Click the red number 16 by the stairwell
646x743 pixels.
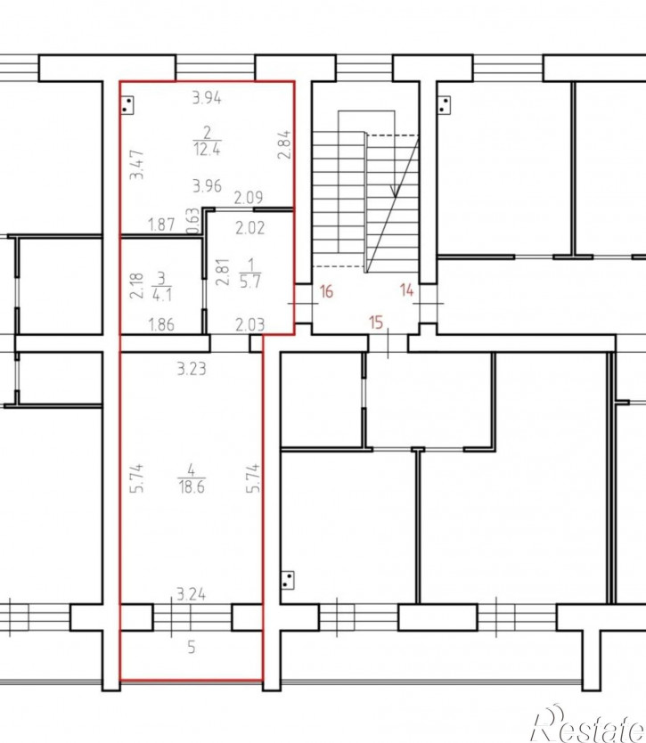coord(326,291)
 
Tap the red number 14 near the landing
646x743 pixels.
coord(406,290)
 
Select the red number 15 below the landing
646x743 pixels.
coord(376,323)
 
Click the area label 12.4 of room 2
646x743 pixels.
coord(207,150)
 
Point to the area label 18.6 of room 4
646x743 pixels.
coord(192,486)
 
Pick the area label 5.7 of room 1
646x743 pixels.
coord(250,282)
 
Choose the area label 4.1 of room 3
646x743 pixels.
coord(162,295)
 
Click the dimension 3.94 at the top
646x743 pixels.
coord(207,98)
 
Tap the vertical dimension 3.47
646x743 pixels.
coord(137,165)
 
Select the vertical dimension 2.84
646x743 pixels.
coord(283,144)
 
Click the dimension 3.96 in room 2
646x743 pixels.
coord(207,185)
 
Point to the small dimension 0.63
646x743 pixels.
coord(192,221)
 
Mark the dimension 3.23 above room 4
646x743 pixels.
coord(192,368)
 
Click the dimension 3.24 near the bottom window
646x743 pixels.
coord(191,593)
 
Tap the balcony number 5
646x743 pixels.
coord(192,647)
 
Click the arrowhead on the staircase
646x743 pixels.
coord(395,191)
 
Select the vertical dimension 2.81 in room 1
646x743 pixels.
coord(222,272)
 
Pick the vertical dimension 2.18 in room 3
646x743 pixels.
coord(136,285)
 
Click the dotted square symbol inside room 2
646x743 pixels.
coord(127,106)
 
